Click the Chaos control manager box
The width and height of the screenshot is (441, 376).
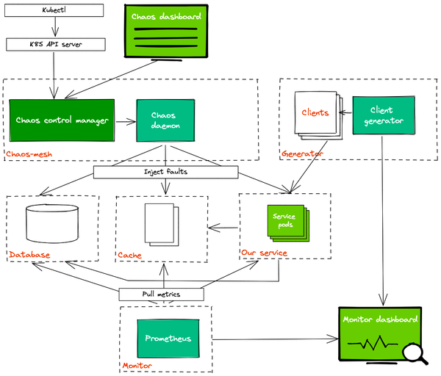point(62,120)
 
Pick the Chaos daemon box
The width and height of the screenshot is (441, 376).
point(165,120)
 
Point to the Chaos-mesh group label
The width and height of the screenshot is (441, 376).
point(29,153)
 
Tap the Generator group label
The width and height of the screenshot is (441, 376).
point(302,154)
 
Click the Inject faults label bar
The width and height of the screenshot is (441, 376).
point(166,173)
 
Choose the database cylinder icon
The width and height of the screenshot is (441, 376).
point(52,225)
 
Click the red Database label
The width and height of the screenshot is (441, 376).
point(29,255)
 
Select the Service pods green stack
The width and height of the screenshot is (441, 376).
point(286,223)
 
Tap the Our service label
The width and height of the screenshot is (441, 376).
point(264,253)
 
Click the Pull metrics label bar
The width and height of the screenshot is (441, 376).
point(162,294)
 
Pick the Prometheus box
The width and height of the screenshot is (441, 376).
point(168,339)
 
